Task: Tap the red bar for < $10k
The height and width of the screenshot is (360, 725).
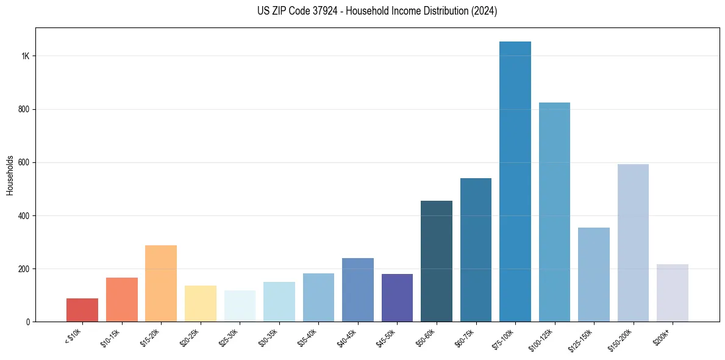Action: point(82,310)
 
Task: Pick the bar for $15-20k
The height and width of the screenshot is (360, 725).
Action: point(161,284)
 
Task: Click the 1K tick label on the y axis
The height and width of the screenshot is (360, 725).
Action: point(26,56)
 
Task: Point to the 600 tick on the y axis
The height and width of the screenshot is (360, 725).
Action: point(24,163)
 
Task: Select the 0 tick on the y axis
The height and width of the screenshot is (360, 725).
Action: point(28,322)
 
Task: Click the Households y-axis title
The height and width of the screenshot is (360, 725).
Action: point(10,175)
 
